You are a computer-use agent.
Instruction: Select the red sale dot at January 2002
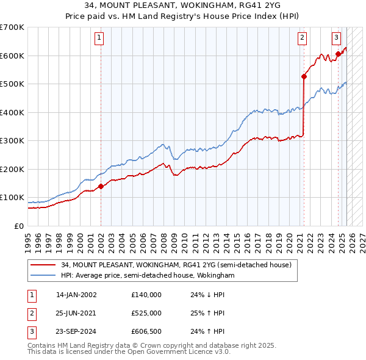pos(101,187)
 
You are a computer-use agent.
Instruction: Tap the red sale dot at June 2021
pos(304,77)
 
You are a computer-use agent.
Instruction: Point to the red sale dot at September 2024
pos(338,54)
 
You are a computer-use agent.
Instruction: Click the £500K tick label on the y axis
pos(12,84)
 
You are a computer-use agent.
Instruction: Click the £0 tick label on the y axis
pos(18,226)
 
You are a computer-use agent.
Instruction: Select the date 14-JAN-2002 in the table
pos(76,294)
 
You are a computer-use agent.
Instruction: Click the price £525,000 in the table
pos(146,313)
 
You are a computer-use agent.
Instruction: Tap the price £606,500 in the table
pos(146,332)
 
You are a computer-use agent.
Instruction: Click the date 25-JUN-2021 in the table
pos(76,313)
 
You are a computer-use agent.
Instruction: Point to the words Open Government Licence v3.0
pos(182,352)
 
